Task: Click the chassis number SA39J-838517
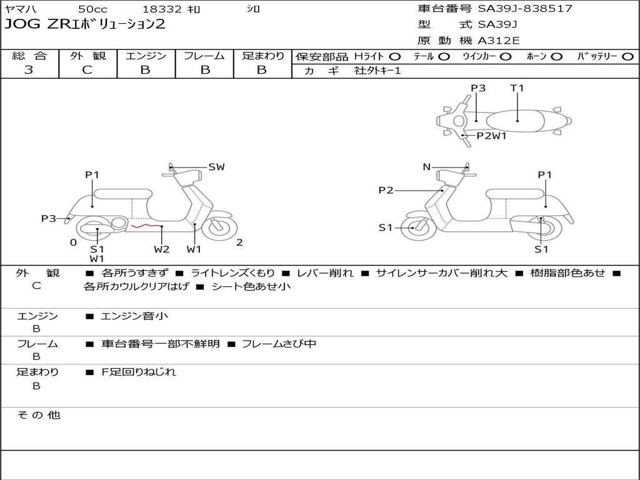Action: [x=525, y=9]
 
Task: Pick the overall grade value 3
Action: [x=29, y=70]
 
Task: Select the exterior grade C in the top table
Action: [x=87, y=70]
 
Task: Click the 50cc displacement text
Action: [x=92, y=9]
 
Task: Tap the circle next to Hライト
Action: [x=394, y=56]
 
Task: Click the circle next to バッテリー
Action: [x=627, y=56]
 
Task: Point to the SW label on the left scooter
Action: [x=216, y=167]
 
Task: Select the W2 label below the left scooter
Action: [x=162, y=249]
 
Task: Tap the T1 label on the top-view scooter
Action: [x=517, y=88]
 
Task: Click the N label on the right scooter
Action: [x=427, y=167]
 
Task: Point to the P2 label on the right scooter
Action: [x=386, y=191]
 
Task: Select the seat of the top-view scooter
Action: [x=518, y=120]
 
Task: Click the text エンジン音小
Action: [x=134, y=316]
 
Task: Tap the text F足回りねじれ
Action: [x=139, y=372]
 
